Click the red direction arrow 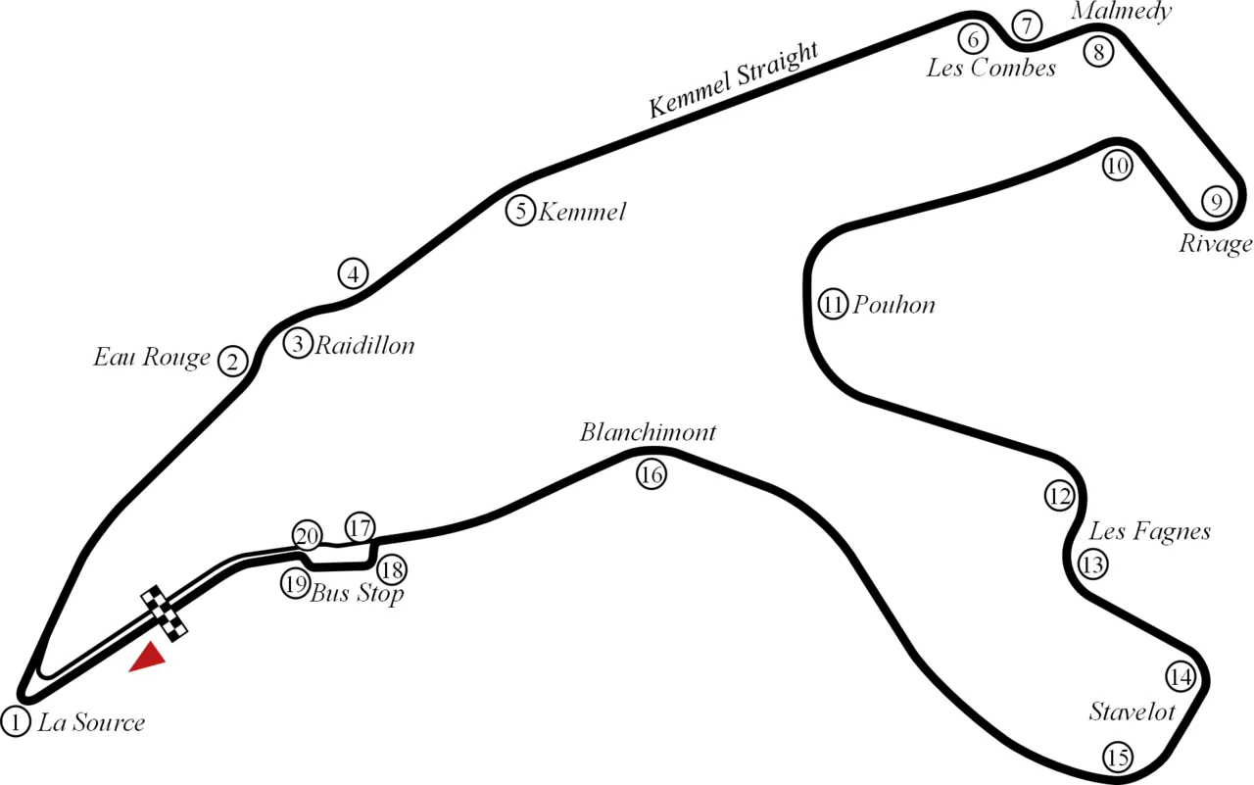(147, 657)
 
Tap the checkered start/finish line (164, 613)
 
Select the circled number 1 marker (16, 721)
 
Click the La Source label (91, 722)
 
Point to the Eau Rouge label (152, 358)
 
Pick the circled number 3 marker (298, 343)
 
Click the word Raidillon (365, 346)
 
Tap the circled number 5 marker (520, 211)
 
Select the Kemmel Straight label (734, 79)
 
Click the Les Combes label (990, 68)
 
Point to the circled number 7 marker (1027, 25)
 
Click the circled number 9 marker (1216, 201)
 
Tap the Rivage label (1216, 244)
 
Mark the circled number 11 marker (833, 305)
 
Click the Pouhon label (893, 305)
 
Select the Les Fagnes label (1149, 531)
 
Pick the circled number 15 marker (1118, 758)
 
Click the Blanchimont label (648, 432)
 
